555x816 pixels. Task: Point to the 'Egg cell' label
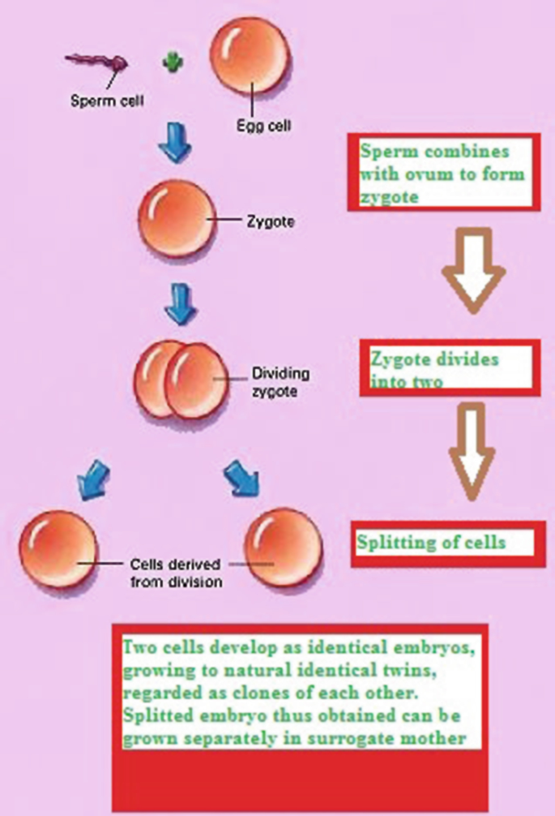click(x=264, y=126)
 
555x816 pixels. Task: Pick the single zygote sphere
click(x=176, y=218)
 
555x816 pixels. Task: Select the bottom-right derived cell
click(x=282, y=548)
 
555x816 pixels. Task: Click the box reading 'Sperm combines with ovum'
click(x=443, y=174)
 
